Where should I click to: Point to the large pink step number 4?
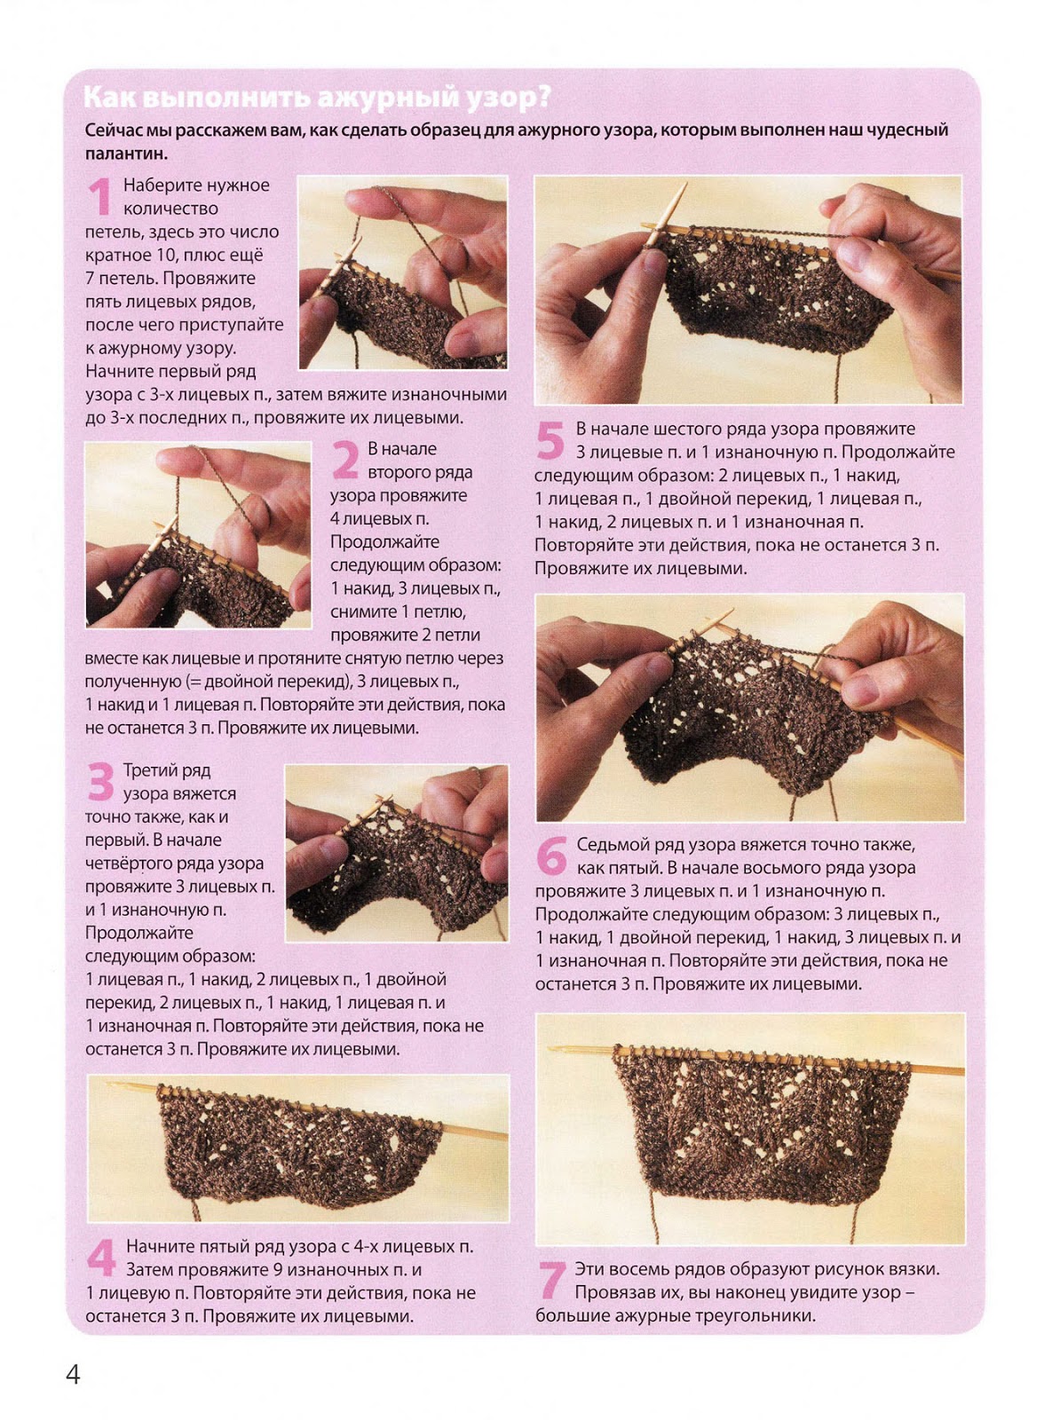[x=101, y=1257]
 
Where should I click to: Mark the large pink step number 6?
[x=551, y=855]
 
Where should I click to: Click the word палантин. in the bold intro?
[x=127, y=153]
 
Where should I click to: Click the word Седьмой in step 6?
[x=618, y=844]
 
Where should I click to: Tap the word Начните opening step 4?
[x=156, y=1247]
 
